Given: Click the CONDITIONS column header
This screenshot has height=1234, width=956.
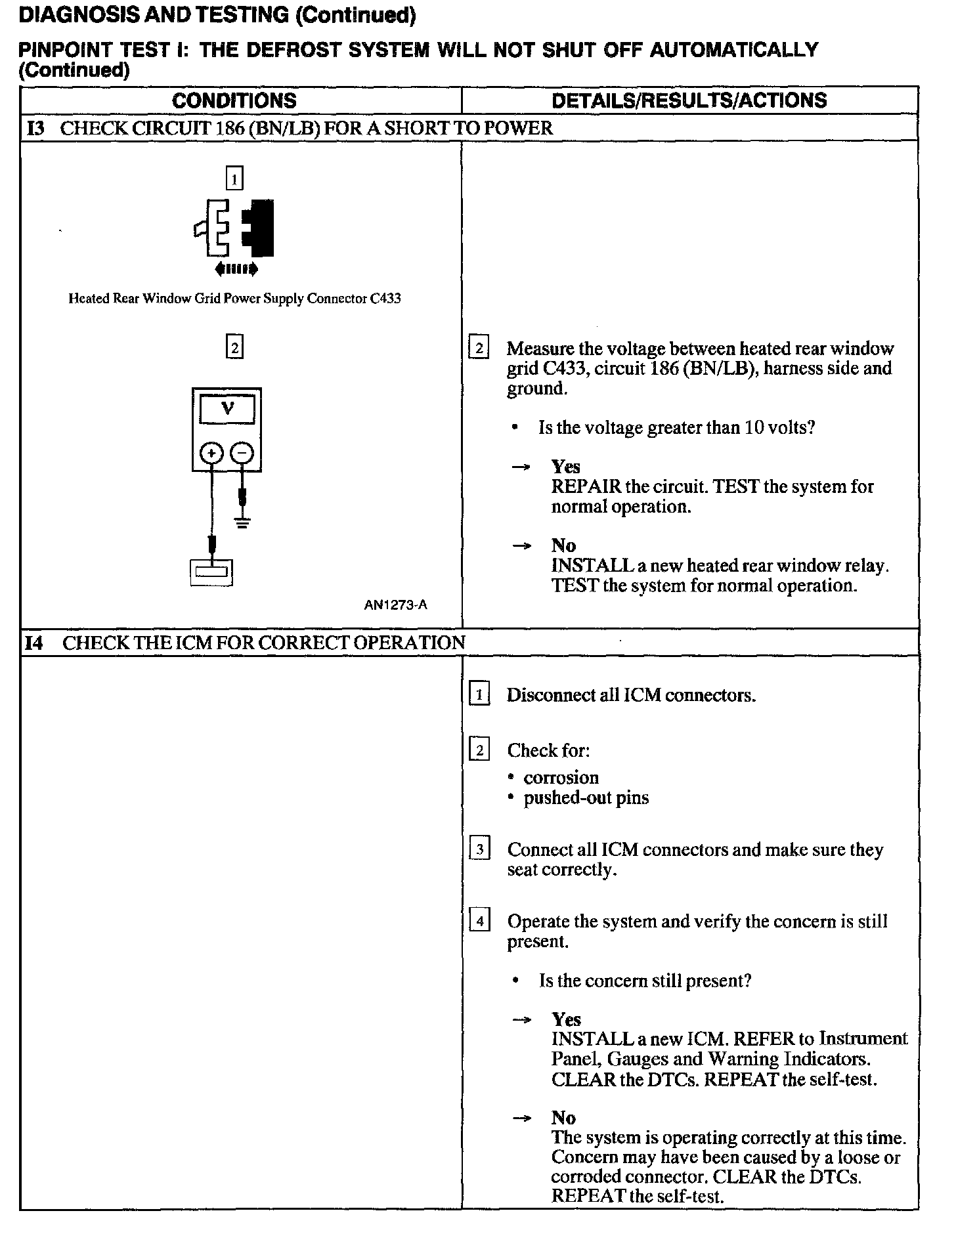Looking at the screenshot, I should (234, 100).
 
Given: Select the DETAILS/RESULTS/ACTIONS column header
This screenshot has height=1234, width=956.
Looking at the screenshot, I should (689, 100).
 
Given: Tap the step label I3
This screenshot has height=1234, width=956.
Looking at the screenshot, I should (35, 129).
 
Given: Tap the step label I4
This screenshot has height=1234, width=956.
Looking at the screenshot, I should (35, 643).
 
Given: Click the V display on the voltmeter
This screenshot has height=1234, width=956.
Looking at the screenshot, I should (227, 409).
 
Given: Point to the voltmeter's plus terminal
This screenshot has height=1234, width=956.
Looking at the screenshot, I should (211, 453).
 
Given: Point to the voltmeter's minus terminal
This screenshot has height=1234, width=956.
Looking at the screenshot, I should (242, 453).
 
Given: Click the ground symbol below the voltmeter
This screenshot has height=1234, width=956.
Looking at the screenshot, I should (243, 523).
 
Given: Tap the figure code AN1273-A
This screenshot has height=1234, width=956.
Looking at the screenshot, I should (395, 605).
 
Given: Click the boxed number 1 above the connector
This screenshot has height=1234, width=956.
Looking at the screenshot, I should (234, 178).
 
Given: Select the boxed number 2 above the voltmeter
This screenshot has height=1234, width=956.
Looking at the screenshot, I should (234, 346).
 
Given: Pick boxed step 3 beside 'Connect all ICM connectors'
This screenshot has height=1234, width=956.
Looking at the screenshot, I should (479, 849).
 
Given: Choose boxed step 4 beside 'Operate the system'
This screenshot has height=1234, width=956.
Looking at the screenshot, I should (479, 922).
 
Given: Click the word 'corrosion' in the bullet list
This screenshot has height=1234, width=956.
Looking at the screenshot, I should (561, 778).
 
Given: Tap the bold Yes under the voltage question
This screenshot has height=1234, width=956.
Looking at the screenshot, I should (565, 467).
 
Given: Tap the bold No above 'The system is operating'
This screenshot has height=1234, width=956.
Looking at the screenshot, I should (563, 1118).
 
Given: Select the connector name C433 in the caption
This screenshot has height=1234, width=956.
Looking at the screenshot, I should (385, 299).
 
